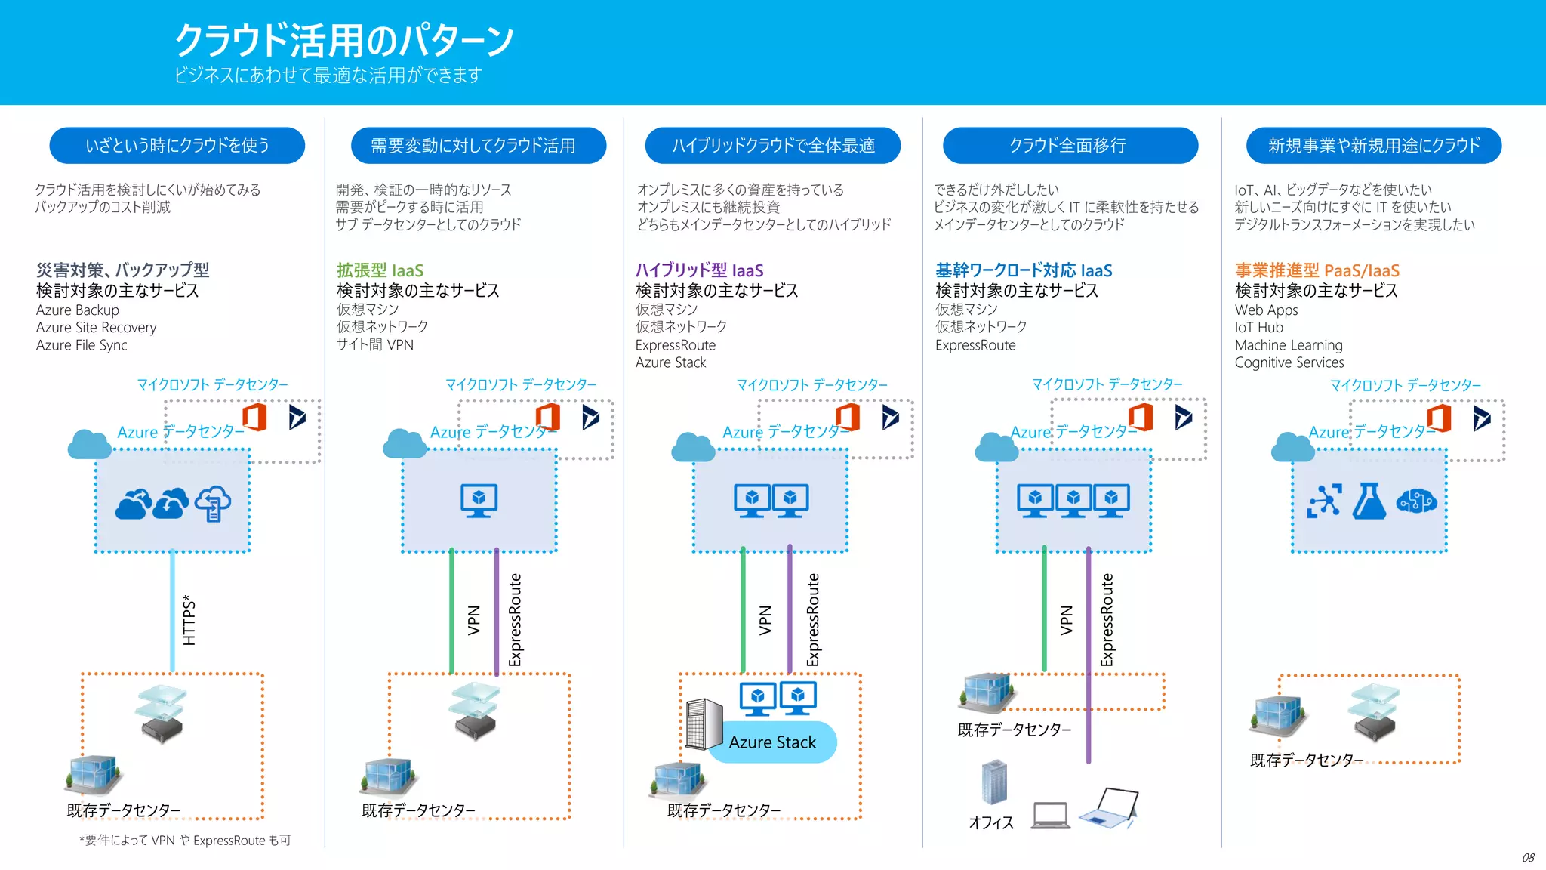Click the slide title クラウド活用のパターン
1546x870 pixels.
(344, 41)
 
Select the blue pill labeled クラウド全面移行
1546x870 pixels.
(1070, 146)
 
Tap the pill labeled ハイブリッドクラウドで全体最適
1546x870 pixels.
(772, 146)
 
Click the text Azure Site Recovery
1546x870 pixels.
(97, 328)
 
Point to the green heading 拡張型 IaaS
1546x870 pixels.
(380, 270)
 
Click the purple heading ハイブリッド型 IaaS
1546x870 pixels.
(699, 270)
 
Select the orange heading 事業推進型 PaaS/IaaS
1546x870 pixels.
(1317, 270)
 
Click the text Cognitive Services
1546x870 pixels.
(1289, 362)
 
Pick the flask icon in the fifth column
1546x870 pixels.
(1369, 501)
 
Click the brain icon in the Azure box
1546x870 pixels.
(1416, 501)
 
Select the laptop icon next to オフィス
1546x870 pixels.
(1050, 816)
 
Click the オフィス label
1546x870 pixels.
(991, 822)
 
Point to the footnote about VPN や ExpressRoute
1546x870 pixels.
(185, 841)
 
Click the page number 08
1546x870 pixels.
(1527, 858)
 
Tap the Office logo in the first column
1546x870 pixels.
(255, 417)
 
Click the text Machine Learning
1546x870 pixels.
(1288, 345)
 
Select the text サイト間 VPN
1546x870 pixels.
(375, 345)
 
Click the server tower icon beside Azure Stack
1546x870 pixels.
(704, 723)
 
